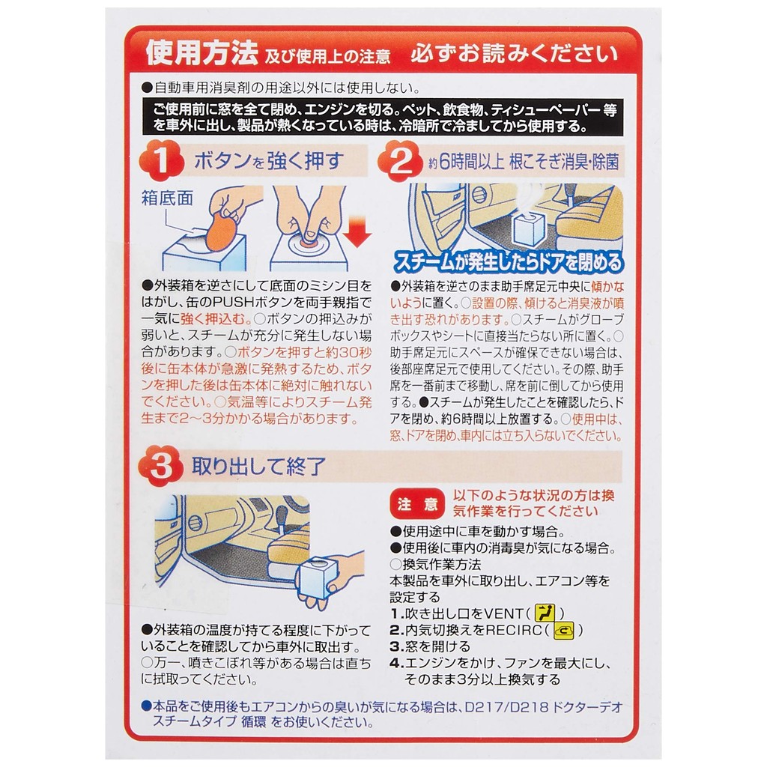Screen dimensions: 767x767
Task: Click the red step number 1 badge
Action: pos(161,160)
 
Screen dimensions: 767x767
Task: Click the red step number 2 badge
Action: pos(400,160)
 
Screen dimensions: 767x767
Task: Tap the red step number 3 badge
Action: pos(160,465)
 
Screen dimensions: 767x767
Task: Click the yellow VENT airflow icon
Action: pos(545,613)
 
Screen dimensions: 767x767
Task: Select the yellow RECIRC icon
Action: pos(563,630)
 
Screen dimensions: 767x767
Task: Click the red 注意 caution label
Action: pos(417,504)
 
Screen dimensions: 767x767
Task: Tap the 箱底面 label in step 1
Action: pos(167,198)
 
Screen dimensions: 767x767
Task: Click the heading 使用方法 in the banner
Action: pos(201,53)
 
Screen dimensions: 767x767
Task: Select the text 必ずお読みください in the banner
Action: pos(515,54)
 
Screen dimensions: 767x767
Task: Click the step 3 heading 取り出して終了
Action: pos(258,466)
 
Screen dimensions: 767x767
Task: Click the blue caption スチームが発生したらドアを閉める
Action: pos(508,261)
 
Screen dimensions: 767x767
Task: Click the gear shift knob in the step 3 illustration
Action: pos(282,515)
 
